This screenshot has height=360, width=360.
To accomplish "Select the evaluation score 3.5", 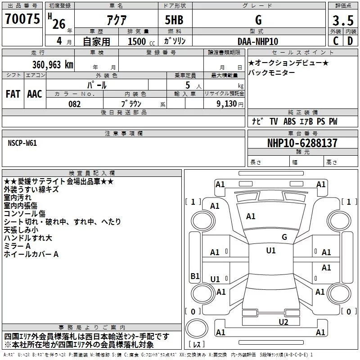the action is click(x=342, y=21).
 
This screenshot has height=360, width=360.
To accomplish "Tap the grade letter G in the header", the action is click(x=258, y=20).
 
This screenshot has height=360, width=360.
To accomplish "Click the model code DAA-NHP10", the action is click(x=258, y=41).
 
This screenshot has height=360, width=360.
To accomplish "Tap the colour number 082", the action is click(x=75, y=104).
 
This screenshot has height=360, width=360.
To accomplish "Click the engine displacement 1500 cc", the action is click(x=140, y=42).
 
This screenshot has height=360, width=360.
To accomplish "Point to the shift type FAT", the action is click(x=13, y=94).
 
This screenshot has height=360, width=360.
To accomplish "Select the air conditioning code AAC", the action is click(x=35, y=94).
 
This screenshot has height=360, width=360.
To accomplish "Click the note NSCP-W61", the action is click(x=22, y=143).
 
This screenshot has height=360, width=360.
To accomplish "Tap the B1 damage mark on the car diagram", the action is click(x=195, y=276).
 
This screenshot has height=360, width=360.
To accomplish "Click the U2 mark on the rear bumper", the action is click(x=283, y=321).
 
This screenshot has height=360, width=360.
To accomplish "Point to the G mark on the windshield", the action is click(x=284, y=237).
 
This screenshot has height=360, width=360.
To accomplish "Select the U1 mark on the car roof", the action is click(x=270, y=251).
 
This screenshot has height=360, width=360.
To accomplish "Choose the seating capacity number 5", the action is click(x=187, y=85).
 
